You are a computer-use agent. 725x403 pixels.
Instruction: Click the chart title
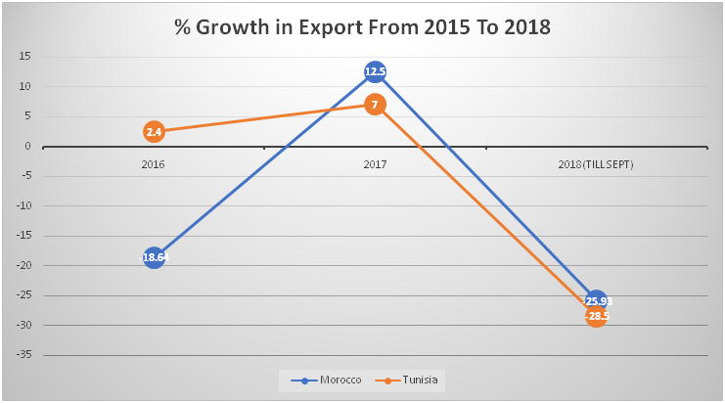coord(362,27)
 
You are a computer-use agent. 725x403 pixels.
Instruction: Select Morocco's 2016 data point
coord(154,257)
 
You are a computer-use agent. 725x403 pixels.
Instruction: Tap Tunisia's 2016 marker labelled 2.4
coord(154,131)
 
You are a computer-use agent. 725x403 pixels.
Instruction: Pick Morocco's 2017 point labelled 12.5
coord(375,71)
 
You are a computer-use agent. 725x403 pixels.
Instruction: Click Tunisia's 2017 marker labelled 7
coord(375,104)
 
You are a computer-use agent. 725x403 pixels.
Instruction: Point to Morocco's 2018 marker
coord(596,299)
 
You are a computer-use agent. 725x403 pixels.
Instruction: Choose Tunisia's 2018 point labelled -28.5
coord(596,316)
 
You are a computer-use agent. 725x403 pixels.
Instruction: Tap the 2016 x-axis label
coord(153,164)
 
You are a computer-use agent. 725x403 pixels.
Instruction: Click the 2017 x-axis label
coord(375,164)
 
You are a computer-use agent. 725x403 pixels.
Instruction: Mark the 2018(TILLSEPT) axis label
coord(596,164)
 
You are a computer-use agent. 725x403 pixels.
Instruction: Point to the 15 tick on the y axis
coord(24,57)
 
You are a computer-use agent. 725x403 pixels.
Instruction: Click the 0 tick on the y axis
coord(27,147)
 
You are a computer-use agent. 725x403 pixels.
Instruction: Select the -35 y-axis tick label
coord(23,355)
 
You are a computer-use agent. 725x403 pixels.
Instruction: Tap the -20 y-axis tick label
coord(23,266)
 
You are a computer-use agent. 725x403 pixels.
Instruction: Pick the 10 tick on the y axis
coord(24,87)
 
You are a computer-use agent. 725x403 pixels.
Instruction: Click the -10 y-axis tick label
coord(23,206)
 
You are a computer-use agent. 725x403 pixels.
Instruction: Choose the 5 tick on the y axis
coord(27,116)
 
